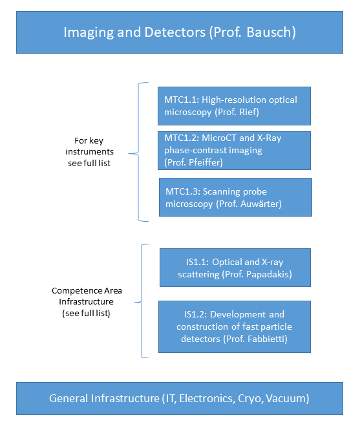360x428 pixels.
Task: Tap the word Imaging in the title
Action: coord(89,33)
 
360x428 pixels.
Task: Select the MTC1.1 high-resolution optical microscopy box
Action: coord(234,106)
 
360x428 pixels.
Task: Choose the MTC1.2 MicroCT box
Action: coord(234,151)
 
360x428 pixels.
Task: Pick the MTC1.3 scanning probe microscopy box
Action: coord(235,197)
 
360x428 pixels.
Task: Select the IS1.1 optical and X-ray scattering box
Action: coord(235,268)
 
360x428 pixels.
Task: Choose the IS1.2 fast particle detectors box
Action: coord(235,326)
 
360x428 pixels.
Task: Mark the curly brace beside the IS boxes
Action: coord(142,302)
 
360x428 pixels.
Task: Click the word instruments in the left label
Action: coord(90,152)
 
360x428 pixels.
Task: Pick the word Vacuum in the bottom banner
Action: coord(286,398)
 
